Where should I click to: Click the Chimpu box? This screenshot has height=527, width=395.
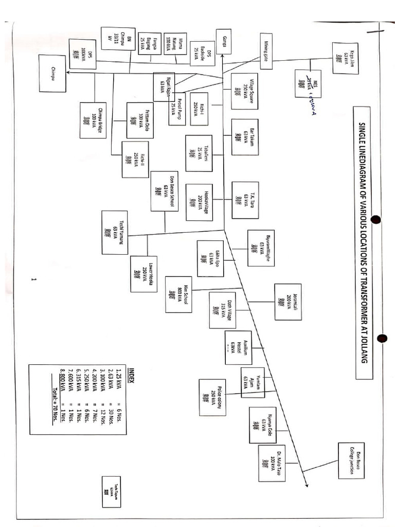click(x=52, y=73)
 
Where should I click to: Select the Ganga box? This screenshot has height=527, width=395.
click(x=224, y=41)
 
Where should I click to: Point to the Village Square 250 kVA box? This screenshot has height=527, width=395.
click(x=244, y=91)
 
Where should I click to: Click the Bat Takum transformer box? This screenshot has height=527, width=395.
click(x=245, y=137)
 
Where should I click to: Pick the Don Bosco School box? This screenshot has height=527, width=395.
click(x=165, y=191)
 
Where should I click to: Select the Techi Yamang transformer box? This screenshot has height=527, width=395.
click(x=115, y=232)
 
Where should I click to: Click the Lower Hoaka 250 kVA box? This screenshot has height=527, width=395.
click(x=143, y=274)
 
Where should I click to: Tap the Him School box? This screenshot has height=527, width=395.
click(x=178, y=294)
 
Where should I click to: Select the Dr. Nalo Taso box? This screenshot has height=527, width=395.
click(x=272, y=463)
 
